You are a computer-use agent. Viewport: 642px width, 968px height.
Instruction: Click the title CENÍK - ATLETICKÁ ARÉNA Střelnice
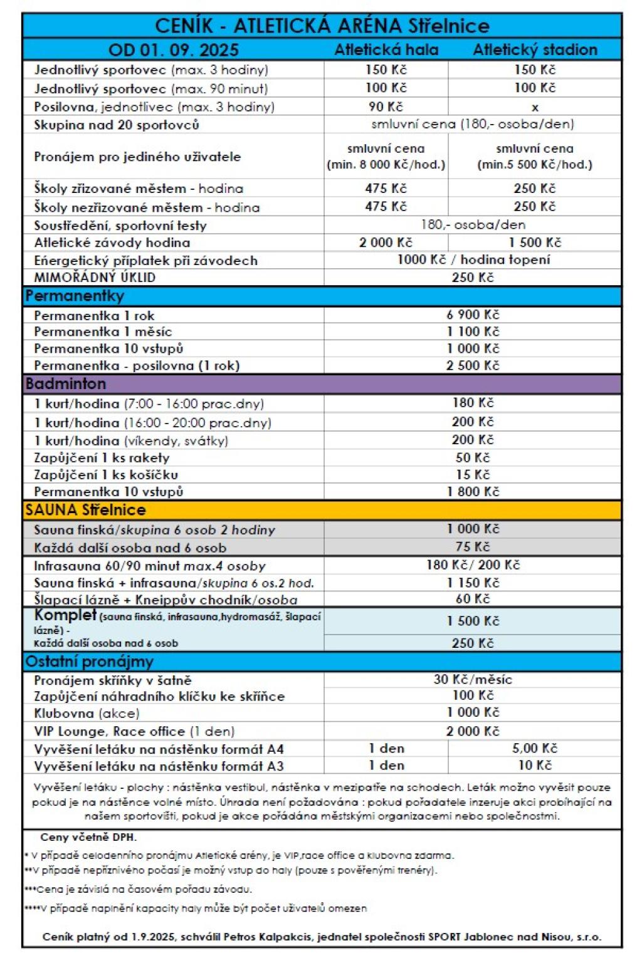(322, 26)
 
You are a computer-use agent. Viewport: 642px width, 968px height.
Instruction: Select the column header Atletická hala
(386, 49)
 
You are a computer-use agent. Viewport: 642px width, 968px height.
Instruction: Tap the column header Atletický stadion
(535, 49)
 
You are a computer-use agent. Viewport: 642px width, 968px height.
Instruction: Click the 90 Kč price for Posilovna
(386, 107)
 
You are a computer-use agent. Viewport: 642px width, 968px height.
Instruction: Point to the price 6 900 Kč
(473, 315)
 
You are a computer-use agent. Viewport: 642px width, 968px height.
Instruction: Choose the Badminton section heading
(66, 383)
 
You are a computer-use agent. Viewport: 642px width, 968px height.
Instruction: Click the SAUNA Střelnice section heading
(85, 509)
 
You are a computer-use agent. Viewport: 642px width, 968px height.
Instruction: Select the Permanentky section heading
(75, 296)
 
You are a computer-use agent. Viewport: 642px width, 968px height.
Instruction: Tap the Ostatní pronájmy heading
(89, 662)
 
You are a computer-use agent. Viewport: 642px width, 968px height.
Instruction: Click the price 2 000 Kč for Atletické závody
(386, 242)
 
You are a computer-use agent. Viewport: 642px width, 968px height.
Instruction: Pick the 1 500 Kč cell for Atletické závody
(535, 242)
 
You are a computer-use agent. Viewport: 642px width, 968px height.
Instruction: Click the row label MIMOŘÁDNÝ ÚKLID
(95, 277)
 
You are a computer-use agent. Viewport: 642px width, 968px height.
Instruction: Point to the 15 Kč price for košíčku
(473, 474)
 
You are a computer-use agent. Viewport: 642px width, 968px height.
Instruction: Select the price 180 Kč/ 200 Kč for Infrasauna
(473, 565)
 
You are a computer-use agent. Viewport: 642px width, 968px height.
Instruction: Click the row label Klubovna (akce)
(87, 713)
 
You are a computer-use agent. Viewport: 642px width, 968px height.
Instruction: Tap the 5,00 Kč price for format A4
(535, 748)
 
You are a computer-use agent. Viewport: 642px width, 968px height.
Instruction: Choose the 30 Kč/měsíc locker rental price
(473, 679)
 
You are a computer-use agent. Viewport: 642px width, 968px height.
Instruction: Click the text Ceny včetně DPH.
(88, 837)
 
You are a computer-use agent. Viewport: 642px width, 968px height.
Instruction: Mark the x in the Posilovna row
(535, 107)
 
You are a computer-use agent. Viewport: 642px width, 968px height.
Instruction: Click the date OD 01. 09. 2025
(174, 49)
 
